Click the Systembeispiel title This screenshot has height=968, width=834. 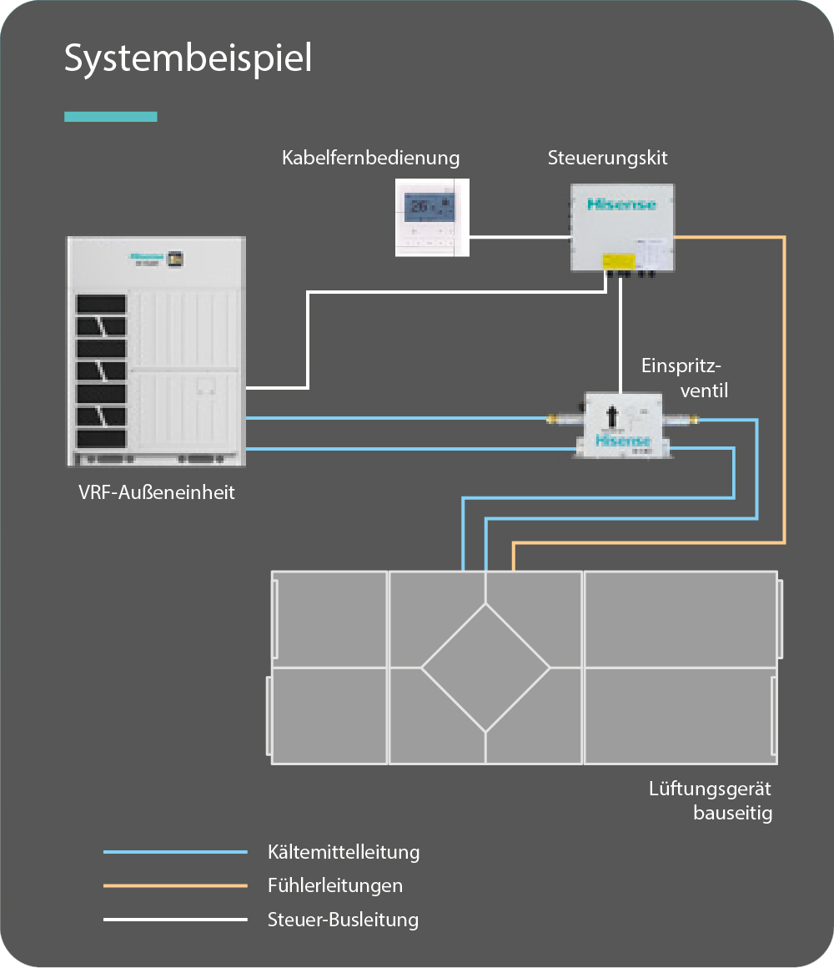[x=188, y=59]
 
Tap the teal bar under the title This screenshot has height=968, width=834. [x=111, y=117]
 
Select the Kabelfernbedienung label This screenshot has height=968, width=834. [x=370, y=158]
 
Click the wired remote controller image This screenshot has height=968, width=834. [x=431, y=216]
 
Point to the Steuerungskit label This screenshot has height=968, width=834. [x=607, y=158]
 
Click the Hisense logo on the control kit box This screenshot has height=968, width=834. [x=622, y=204]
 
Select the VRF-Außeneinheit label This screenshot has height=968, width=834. [x=157, y=492]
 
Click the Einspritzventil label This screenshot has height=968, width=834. [x=683, y=377]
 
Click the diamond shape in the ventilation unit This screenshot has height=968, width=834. [x=485, y=668]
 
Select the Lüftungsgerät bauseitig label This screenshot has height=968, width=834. [x=711, y=801]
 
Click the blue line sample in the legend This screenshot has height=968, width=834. [x=175, y=852]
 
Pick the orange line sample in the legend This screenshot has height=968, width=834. [x=175, y=885]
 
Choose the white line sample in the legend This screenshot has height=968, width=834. [x=175, y=920]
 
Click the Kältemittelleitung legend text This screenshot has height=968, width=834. [x=344, y=852]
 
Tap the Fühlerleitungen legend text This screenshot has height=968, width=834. [x=335, y=885]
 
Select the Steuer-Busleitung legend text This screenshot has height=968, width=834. [x=343, y=920]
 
